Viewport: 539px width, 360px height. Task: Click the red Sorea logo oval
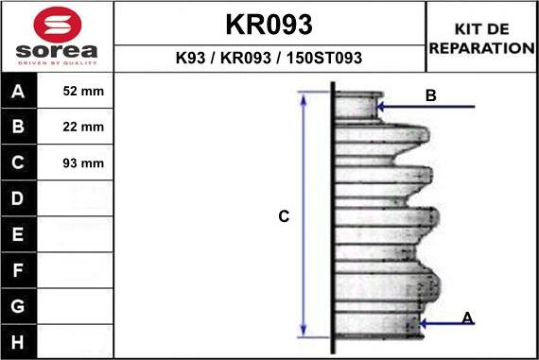(58, 25)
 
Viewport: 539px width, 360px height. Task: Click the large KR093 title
(269, 25)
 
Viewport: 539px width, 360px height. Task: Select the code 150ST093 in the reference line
(324, 58)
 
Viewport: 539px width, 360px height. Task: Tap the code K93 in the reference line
(190, 58)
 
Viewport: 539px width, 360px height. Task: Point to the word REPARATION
(482, 48)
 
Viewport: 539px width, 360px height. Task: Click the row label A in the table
(18, 91)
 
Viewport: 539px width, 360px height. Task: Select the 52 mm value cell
(83, 91)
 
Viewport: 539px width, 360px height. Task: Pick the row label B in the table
(18, 127)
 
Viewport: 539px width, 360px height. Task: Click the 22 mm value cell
(83, 127)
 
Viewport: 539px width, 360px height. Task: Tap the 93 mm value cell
(83, 163)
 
